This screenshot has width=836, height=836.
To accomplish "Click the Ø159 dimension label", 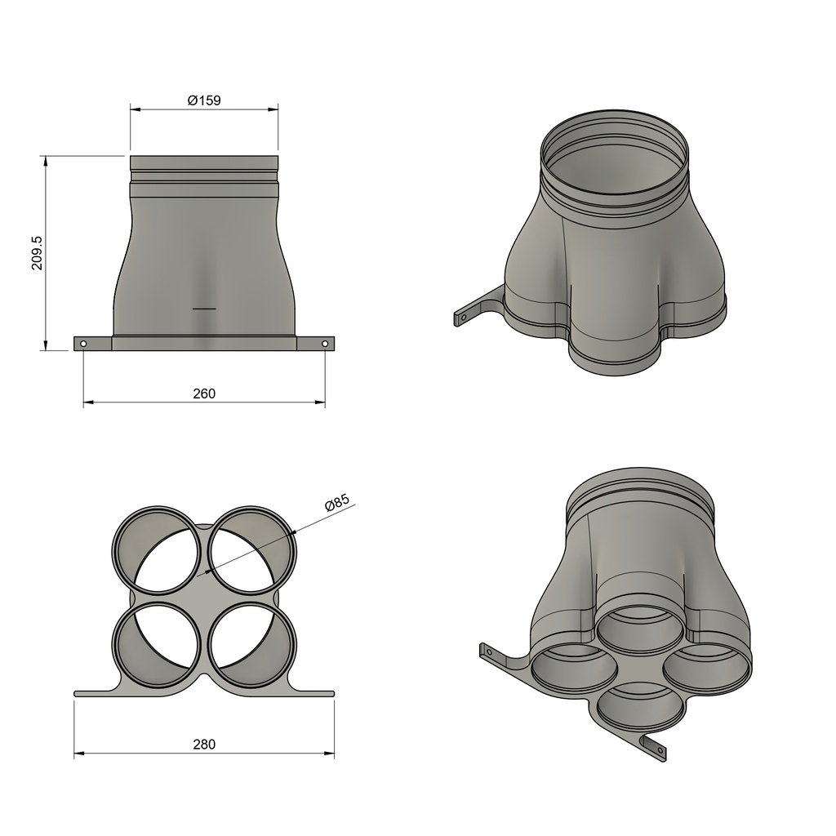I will point(204,100).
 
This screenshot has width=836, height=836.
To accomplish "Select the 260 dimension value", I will point(204,394).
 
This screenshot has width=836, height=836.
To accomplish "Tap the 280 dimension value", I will point(204,744).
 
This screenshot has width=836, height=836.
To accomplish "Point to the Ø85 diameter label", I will point(336,502).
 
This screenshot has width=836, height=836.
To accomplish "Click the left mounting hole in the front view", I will point(83,344).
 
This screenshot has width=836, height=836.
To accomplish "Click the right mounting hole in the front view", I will point(325,344).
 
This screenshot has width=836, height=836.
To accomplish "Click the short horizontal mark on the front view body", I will point(204,309).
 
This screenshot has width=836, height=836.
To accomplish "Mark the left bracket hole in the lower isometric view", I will point(489,651).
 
